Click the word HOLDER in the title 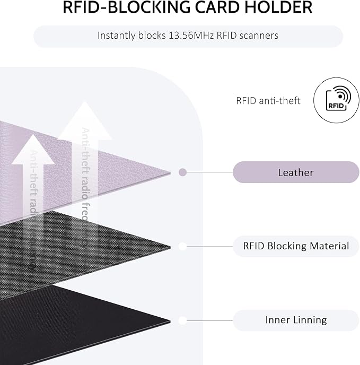pos(278,7)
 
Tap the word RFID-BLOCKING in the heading pos(126,7)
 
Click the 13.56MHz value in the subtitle pos(191,36)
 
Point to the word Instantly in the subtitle pos(116,36)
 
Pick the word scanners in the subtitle pos(259,36)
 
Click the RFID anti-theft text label pos(268,101)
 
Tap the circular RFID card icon pos(336,100)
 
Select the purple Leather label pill pos(296,172)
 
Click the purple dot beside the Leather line pos(183,172)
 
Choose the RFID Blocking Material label pos(296,246)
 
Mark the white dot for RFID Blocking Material pos(183,246)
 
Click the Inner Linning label pos(296,320)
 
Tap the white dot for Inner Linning pos(183,320)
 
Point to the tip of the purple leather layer pos(170,173)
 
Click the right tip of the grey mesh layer pos(170,247)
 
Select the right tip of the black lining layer pos(170,321)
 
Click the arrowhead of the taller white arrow pos(85,120)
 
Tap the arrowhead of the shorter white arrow pos(33,150)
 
